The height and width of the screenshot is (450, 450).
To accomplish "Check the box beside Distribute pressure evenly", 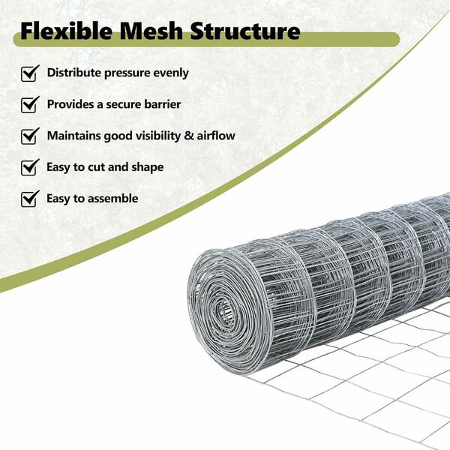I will [30, 73].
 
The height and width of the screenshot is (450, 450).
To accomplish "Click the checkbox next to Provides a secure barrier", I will [30, 105].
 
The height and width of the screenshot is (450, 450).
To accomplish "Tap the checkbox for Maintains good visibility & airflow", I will [30, 136].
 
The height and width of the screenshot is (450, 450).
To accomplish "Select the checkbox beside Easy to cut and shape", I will [30, 167].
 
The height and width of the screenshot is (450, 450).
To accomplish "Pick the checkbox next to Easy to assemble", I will [30, 199].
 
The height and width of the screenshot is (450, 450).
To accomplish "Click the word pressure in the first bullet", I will [132, 73].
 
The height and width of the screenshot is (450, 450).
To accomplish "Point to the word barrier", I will [160, 105].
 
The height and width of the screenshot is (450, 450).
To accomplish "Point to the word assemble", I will [112, 199].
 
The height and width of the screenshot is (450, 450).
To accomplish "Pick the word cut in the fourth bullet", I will [94, 167].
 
